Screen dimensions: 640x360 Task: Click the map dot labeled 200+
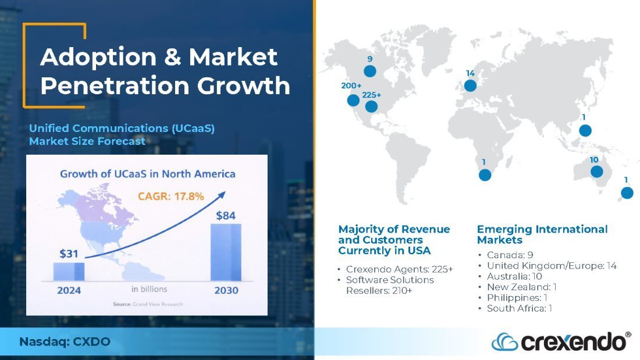point(353,100)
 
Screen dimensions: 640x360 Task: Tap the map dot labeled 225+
point(371,106)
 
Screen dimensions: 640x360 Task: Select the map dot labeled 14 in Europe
point(470,85)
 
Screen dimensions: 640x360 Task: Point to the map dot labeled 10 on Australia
point(597,172)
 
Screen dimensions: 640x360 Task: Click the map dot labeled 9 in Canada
point(370,71)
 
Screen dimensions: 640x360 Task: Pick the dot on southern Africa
point(485,175)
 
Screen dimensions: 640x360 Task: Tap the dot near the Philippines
point(585,131)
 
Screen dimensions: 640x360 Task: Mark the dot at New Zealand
point(627,193)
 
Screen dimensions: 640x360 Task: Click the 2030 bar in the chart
point(226,252)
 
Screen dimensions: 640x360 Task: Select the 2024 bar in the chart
point(69,272)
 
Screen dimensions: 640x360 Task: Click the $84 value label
point(226,216)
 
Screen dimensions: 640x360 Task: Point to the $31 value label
point(69,254)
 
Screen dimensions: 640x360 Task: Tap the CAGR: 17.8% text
point(170,197)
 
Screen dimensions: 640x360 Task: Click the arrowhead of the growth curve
point(222,195)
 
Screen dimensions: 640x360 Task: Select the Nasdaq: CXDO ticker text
point(65,341)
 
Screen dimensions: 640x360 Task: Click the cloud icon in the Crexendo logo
point(504,342)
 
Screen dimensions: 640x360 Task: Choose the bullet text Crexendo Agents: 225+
point(400,269)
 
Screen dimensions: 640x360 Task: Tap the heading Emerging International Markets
point(542,235)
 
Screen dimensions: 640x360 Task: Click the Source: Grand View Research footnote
point(148,304)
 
